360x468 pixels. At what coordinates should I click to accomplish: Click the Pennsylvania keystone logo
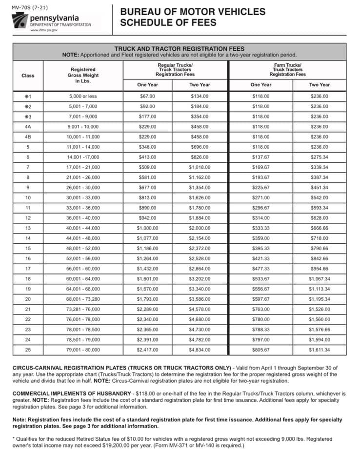20,20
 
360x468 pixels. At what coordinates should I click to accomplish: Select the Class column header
28,76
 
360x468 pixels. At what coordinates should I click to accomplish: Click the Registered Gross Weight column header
83,75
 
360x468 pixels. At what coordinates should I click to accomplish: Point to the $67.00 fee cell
147,96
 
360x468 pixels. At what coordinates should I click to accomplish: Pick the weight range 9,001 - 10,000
83,127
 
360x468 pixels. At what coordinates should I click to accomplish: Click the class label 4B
28,137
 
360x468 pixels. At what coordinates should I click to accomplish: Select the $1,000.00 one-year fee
147,228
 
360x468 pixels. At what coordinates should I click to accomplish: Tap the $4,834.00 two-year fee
200,350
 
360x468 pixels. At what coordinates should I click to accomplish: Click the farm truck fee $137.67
261,157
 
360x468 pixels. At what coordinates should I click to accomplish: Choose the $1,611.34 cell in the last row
320,350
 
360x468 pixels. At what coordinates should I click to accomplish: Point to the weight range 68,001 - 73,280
83,299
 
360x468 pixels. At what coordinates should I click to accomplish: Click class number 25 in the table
28,350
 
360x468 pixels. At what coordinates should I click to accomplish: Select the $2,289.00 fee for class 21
147,309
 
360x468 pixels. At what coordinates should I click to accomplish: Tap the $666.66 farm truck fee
320,228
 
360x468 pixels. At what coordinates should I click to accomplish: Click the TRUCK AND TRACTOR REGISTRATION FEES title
179,49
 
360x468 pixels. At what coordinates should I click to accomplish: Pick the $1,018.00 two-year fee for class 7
200,167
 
